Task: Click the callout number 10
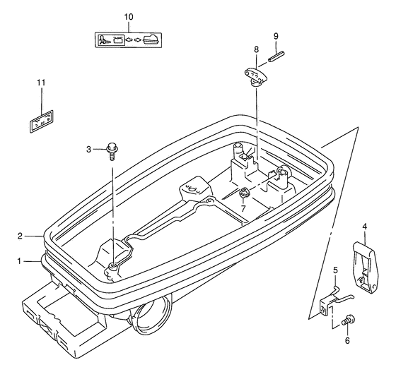129,17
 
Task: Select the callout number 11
41,83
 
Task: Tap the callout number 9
276,36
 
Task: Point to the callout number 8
256,49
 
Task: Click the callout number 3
88,150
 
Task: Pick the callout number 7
243,209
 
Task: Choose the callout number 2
21,236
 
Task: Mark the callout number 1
20,261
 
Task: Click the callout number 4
364,227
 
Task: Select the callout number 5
335,270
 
